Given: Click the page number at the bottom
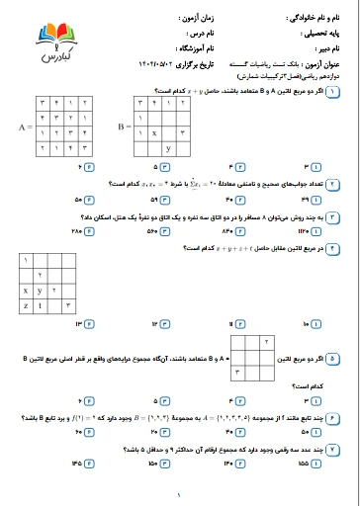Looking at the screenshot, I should pos(180,495).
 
